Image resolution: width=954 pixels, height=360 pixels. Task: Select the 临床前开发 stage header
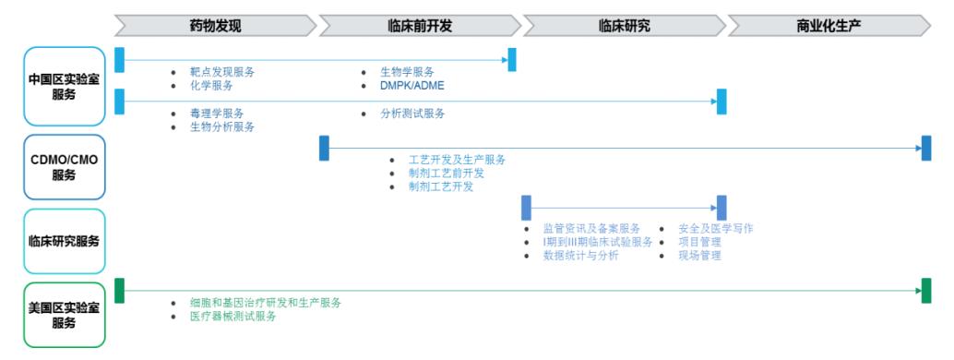pos(420,26)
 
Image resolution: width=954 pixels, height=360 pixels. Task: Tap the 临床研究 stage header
pos(624,26)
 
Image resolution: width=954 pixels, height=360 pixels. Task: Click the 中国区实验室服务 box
pos(64,87)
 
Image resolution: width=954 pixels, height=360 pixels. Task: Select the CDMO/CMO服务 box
pos(64,167)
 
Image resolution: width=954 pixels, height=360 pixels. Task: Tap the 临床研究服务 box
pos(64,241)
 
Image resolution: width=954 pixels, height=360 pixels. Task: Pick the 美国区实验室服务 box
pos(64,315)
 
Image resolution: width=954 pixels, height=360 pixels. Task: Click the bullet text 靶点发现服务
pos(222,72)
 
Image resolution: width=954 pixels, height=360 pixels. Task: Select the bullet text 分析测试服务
pos(412,113)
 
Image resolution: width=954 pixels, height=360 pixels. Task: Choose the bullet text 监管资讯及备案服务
pos(591,228)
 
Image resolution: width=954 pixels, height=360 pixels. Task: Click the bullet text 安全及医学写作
pos(715,228)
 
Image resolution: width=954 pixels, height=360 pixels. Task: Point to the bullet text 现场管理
pos(699,256)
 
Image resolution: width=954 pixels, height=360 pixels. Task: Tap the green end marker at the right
pos(925,291)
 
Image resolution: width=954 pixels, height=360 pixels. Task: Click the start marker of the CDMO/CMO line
pos(324,148)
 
